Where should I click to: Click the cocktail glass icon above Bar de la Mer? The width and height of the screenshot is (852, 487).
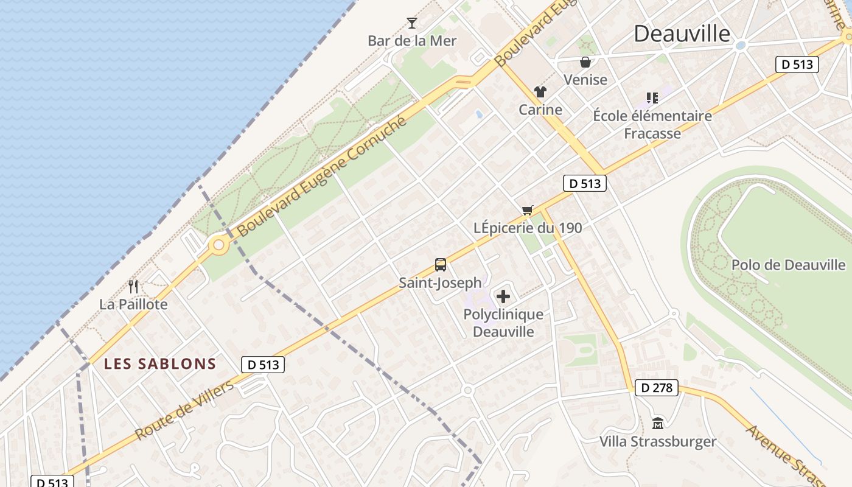[412, 23]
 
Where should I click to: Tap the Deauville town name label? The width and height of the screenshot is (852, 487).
[682, 33]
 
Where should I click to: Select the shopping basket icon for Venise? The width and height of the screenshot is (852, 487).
[585, 62]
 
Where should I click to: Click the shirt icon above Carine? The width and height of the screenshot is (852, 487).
[540, 92]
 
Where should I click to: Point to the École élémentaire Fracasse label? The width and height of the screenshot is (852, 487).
[652, 124]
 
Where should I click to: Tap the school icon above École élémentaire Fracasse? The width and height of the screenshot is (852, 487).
[652, 97]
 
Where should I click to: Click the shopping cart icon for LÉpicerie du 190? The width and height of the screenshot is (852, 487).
[528, 210]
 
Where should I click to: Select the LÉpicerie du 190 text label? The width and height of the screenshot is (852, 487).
[528, 228]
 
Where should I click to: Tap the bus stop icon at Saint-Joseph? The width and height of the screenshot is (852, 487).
[441, 265]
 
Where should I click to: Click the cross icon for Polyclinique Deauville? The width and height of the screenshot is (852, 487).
[503, 296]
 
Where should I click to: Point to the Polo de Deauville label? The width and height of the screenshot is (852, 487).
[788, 265]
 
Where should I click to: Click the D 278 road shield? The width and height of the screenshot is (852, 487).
[656, 388]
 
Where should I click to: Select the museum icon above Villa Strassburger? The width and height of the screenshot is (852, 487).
[658, 423]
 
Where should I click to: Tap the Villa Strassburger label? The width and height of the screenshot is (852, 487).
[658, 441]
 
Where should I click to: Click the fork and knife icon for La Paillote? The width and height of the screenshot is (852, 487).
[133, 286]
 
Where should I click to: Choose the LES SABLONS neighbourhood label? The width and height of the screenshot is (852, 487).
[160, 364]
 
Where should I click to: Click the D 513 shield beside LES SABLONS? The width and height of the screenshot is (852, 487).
[263, 365]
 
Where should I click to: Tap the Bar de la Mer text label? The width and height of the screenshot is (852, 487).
[412, 41]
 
